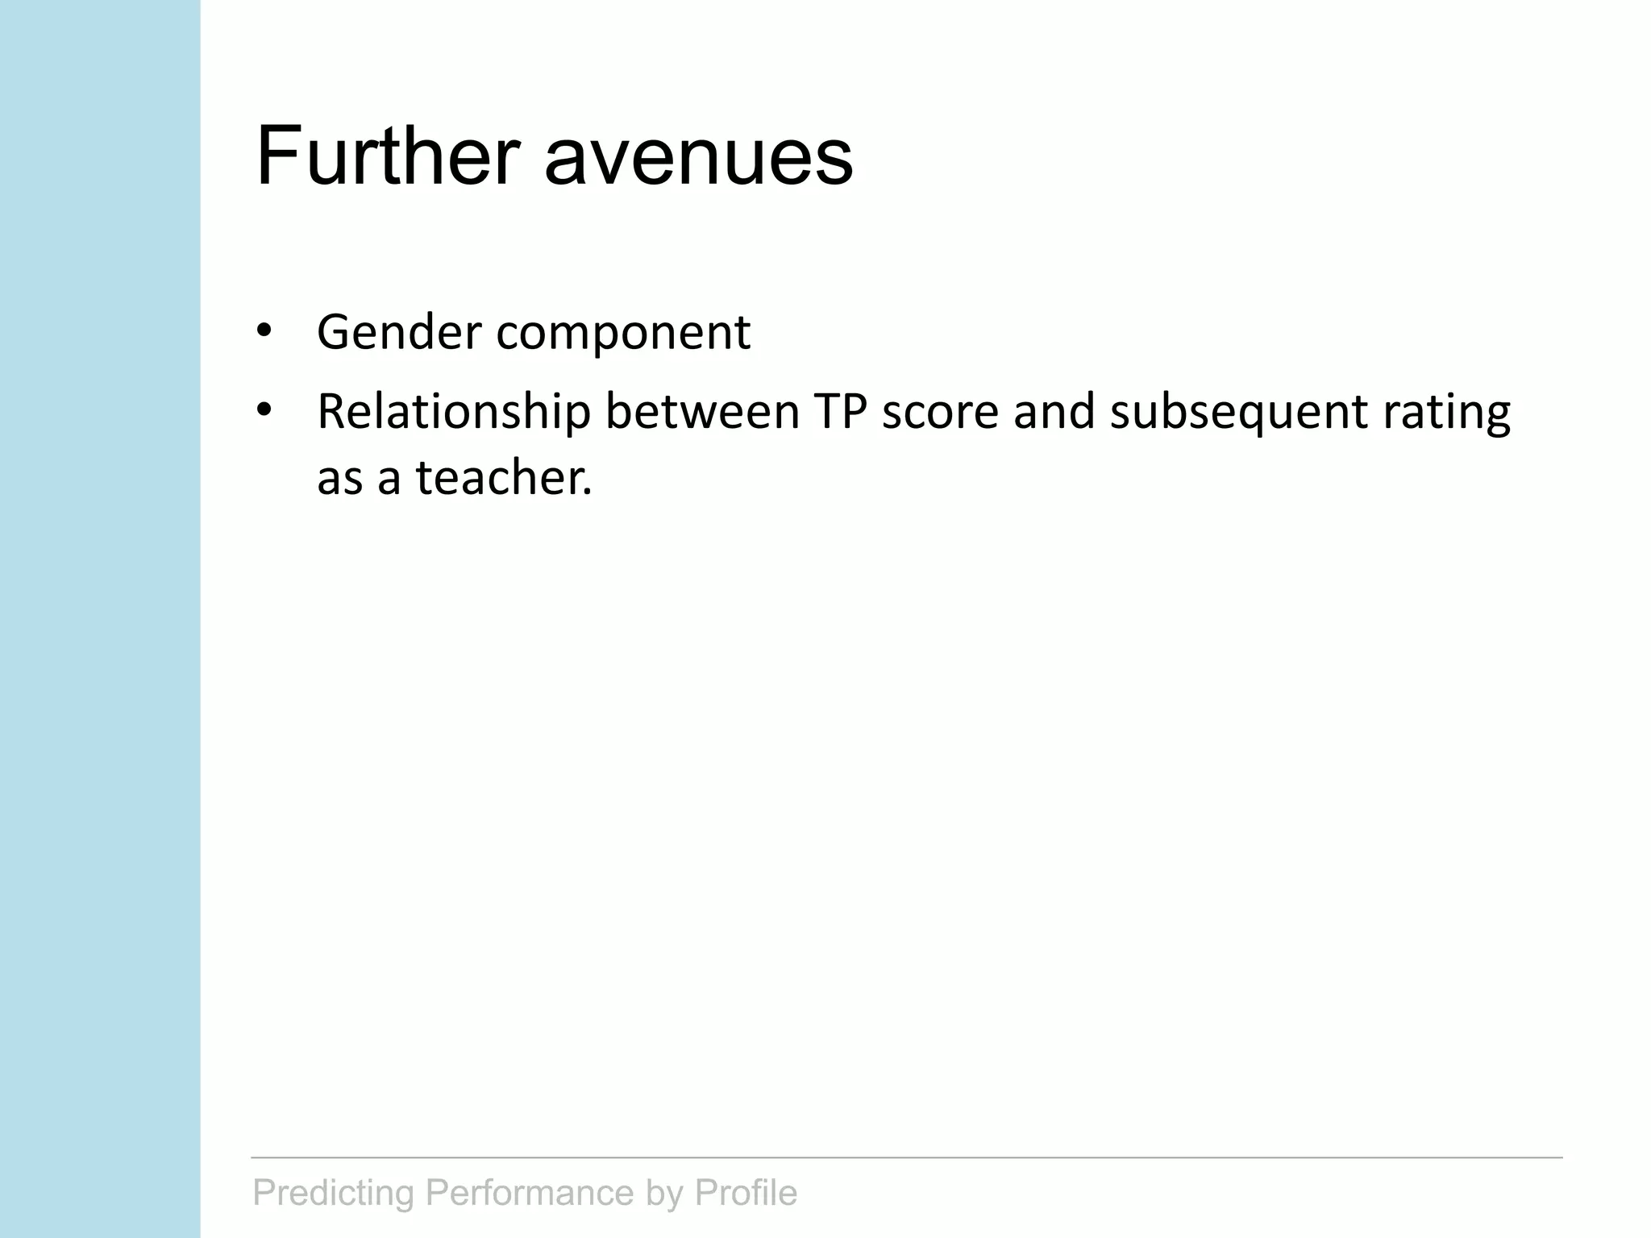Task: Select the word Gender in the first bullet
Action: [x=399, y=332]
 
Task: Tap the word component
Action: [x=623, y=334]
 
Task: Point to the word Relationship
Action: [x=454, y=413]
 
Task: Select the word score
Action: [x=940, y=413]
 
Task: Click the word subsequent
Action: [x=1238, y=413]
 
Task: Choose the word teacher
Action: [x=504, y=477]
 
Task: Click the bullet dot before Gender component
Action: [x=263, y=330]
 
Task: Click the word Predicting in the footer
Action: [x=334, y=1193]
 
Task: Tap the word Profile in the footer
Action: [x=746, y=1193]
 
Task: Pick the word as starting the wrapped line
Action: [x=339, y=479]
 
